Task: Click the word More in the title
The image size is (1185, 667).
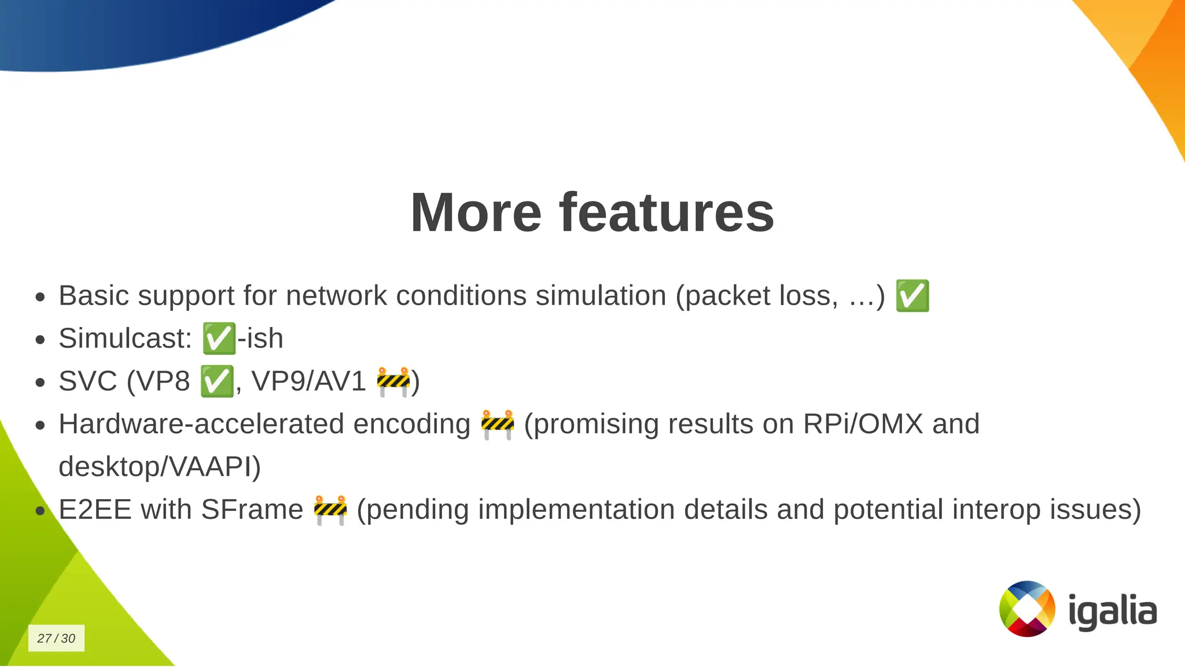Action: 476,213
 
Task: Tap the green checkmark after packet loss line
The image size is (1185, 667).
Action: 912,296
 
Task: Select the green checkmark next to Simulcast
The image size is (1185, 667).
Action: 219,339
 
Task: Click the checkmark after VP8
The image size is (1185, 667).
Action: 217,382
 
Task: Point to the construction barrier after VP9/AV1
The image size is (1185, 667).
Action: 393,382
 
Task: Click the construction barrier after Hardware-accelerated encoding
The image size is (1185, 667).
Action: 498,424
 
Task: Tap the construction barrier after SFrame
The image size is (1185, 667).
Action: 330,510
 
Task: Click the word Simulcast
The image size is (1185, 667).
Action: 125,339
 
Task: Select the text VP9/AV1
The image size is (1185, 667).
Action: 308,382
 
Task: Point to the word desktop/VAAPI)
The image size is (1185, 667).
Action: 160,467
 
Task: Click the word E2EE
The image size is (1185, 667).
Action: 95,510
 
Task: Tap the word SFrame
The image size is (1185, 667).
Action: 252,510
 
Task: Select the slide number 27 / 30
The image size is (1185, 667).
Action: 56,638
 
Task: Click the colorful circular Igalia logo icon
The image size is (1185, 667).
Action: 1027,609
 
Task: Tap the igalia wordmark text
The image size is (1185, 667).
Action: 1112,611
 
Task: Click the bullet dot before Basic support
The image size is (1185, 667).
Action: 40,298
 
